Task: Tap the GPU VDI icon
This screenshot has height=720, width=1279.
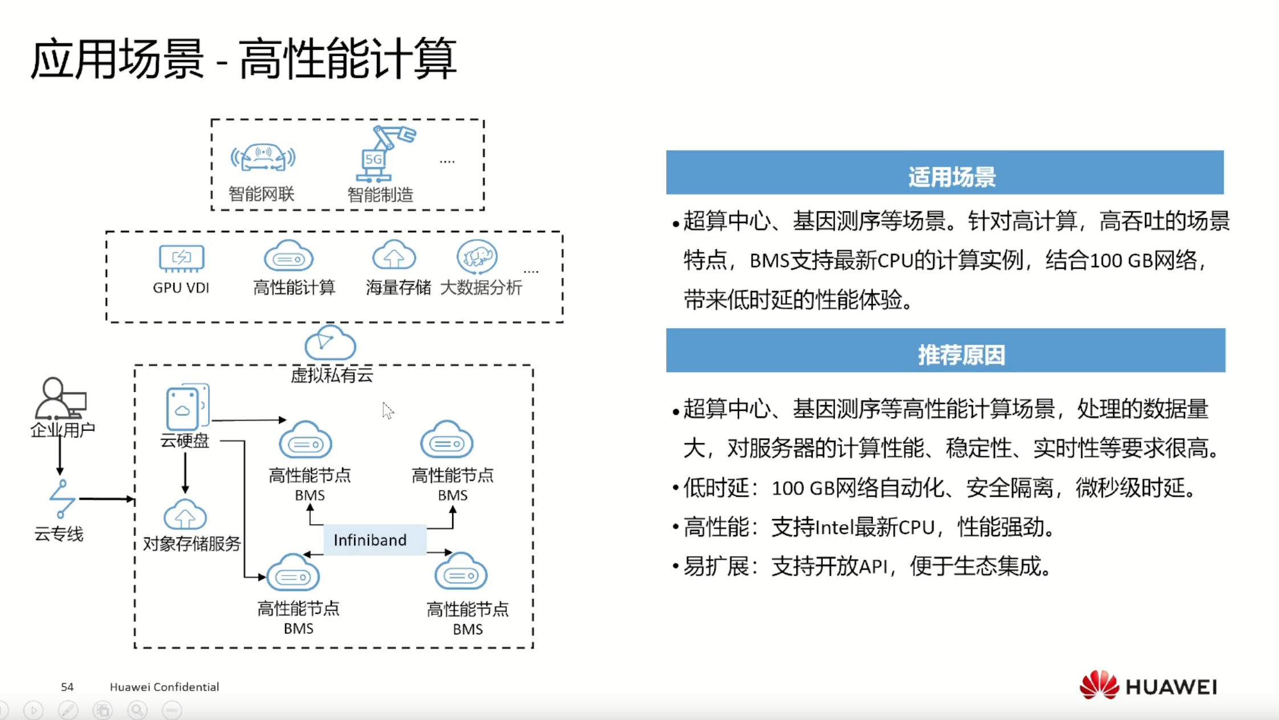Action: pos(181,258)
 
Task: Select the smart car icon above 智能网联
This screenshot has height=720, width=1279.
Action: pos(263,157)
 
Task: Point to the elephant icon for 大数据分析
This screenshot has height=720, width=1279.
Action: pos(477,257)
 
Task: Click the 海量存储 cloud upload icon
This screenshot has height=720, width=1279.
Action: pos(394,255)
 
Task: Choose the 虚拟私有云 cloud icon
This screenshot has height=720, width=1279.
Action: pos(330,343)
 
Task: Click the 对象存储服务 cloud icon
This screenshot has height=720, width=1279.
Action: pos(185,515)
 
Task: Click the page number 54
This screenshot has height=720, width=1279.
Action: pos(67,687)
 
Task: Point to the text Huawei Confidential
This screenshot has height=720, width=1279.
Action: pos(164,687)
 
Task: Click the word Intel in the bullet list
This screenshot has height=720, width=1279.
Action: pos(834,528)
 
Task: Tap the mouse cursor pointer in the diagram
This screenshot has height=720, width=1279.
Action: pos(388,410)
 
